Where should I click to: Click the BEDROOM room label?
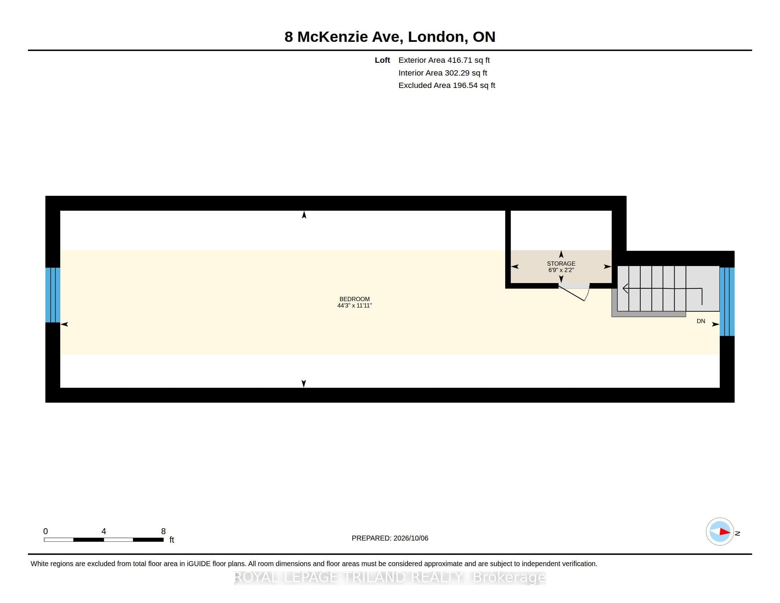[x=354, y=299]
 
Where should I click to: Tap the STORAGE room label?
[x=561, y=264]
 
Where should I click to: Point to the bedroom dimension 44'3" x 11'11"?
[x=354, y=305]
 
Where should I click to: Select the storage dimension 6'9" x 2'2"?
[x=561, y=270]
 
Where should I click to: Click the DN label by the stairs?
[x=701, y=321]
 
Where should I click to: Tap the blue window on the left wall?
[x=53, y=295]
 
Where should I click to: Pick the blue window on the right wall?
[x=727, y=301]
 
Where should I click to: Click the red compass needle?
[x=725, y=532]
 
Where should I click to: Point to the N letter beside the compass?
[x=737, y=533]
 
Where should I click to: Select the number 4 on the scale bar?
[x=104, y=531]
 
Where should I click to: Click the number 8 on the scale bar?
[x=163, y=531]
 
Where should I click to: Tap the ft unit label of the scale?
[x=172, y=540]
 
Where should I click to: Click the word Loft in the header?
[x=382, y=60]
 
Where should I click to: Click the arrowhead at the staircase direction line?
[x=625, y=288]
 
